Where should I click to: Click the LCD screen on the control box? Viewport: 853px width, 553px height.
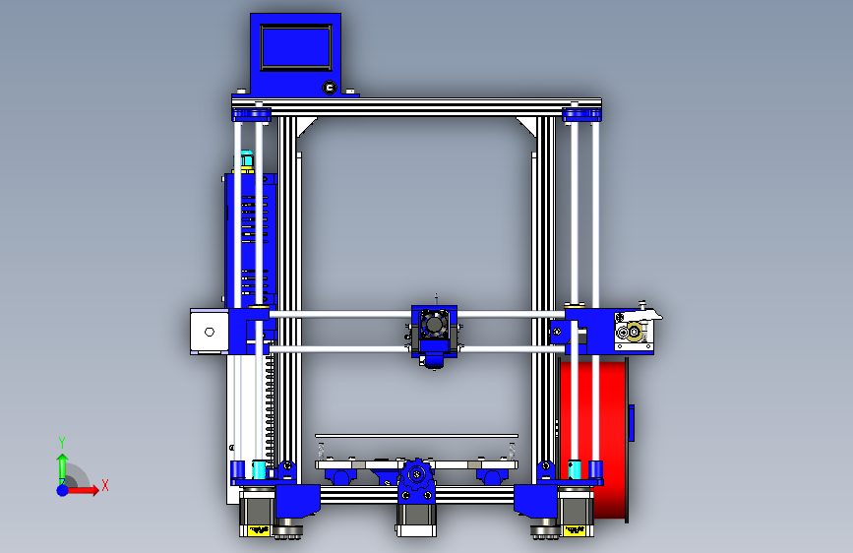(296, 47)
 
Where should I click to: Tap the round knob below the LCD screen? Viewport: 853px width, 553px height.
(330, 88)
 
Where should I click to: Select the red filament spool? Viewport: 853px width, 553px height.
(594, 438)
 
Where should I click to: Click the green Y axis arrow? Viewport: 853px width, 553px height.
(62, 469)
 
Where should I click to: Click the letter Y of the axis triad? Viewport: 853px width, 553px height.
(62, 443)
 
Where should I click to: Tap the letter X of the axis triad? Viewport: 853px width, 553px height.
(105, 485)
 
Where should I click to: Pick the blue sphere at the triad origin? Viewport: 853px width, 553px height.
(63, 490)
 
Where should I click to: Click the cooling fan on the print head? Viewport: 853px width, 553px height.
(434, 325)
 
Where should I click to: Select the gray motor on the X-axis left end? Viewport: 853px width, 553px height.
(210, 332)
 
